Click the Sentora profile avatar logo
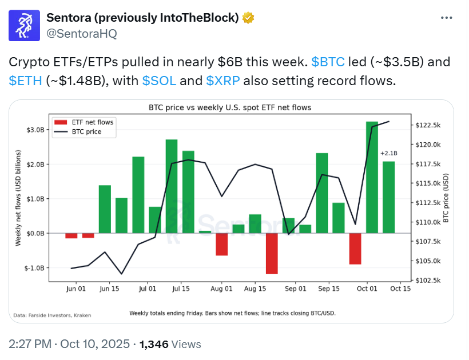(x=25, y=25)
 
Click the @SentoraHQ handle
(x=81, y=34)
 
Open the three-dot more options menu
(x=447, y=18)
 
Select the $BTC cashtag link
(x=328, y=62)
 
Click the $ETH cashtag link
(x=26, y=81)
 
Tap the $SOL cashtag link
(x=158, y=81)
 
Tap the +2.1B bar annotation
(x=388, y=153)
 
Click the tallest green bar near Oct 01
(x=372, y=177)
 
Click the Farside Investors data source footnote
(x=52, y=315)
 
